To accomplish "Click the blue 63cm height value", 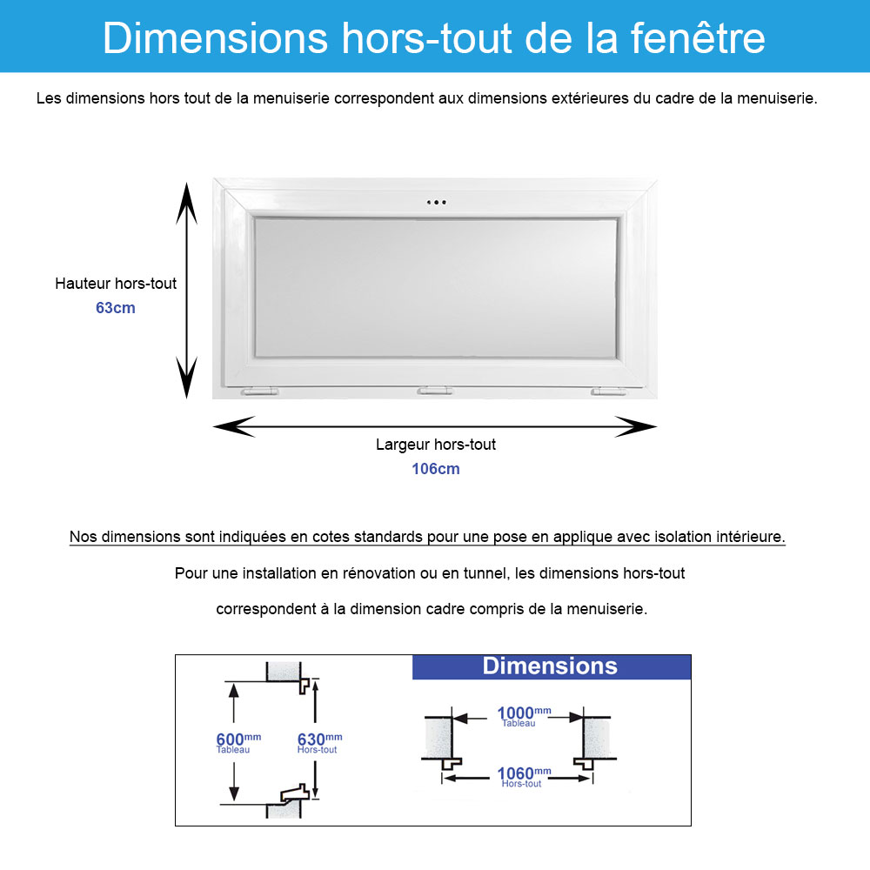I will click(x=116, y=308).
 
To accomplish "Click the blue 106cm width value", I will click(x=436, y=469).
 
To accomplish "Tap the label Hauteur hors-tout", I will click(x=116, y=284).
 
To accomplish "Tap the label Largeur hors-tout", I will click(x=436, y=445).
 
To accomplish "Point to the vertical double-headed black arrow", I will click(x=186, y=290).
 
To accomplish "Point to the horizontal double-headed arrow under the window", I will click(x=435, y=426).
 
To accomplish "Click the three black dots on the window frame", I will click(x=436, y=203).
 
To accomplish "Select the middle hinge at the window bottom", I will click(x=435, y=391).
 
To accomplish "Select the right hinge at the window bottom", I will click(x=608, y=392).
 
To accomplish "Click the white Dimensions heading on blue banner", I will click(x=550, y=666).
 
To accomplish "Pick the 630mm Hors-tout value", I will click(x=318, y=740).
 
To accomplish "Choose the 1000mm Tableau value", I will click(x=522, y=714).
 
